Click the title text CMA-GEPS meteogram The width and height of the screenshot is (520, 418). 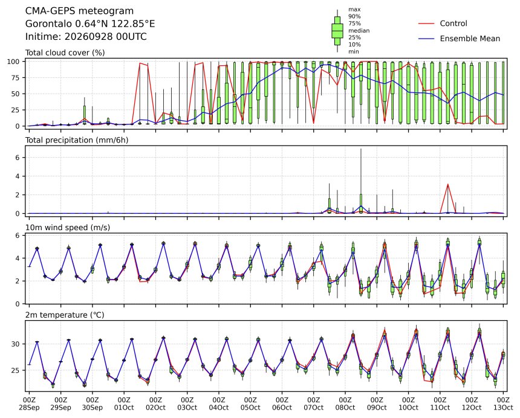(x=79, y=11)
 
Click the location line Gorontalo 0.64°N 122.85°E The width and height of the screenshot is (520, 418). (x=90, y=24)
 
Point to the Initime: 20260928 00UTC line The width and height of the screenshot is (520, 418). (x=86, y=36)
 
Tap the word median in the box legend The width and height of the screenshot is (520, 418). (x=359, y=30)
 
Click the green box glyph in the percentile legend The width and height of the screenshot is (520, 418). (x=337, y=30)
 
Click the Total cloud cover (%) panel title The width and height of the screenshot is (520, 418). (x=65, y=53)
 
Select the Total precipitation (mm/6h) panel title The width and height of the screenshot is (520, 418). (x=77, y=140)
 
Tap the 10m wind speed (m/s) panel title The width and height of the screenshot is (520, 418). (x=68, y=228)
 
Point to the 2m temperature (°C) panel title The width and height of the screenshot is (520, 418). (x=65, y=315)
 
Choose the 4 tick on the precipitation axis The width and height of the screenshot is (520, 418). (x=19, y=176)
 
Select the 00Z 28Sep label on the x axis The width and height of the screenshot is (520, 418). (x=29, y=404)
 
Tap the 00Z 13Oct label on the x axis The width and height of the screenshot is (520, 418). (x=503, y=404)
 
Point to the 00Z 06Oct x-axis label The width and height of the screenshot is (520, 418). (x=282, y=404)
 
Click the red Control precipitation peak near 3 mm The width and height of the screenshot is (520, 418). (x=447, y=184)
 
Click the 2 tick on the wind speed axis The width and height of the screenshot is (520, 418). (x=19, y=281)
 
